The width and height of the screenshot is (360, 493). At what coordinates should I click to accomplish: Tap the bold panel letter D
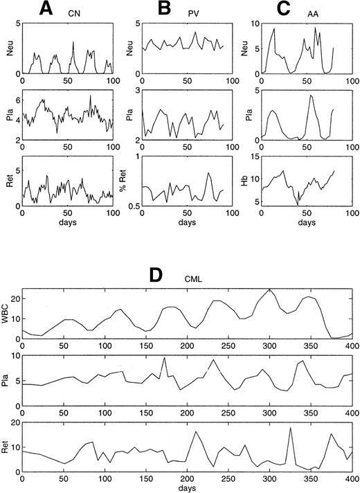[x=156, y=275]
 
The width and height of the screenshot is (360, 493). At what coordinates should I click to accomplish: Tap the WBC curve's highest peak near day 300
[x=269, y=289]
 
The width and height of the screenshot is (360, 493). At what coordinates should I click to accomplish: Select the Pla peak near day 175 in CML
[x=164, y=357]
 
